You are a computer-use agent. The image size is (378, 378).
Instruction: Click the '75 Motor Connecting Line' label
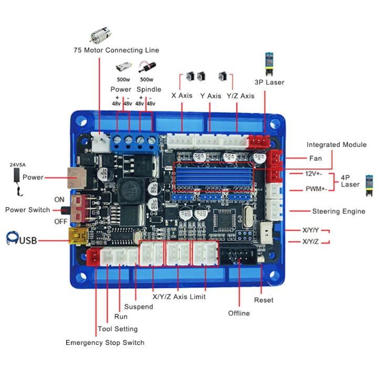point(116,50)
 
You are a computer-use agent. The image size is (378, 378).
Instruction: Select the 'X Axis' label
point(182,96)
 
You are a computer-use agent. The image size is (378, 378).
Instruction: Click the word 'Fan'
point(316,158)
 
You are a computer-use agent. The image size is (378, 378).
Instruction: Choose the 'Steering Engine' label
point(339,212)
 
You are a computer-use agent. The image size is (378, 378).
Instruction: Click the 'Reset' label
point(264,300)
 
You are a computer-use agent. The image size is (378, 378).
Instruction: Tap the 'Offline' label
point(239,313)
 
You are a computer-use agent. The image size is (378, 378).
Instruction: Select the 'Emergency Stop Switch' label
point(105,342)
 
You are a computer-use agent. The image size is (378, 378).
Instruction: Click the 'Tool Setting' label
point(118,329)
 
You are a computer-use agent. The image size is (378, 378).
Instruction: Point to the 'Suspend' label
point(139,307)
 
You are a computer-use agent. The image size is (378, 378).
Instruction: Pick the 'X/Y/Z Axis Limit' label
point(179,297)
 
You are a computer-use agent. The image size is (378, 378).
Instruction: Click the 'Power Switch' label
point(28,210)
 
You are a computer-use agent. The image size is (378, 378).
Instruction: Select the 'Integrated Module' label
point(337,144)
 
